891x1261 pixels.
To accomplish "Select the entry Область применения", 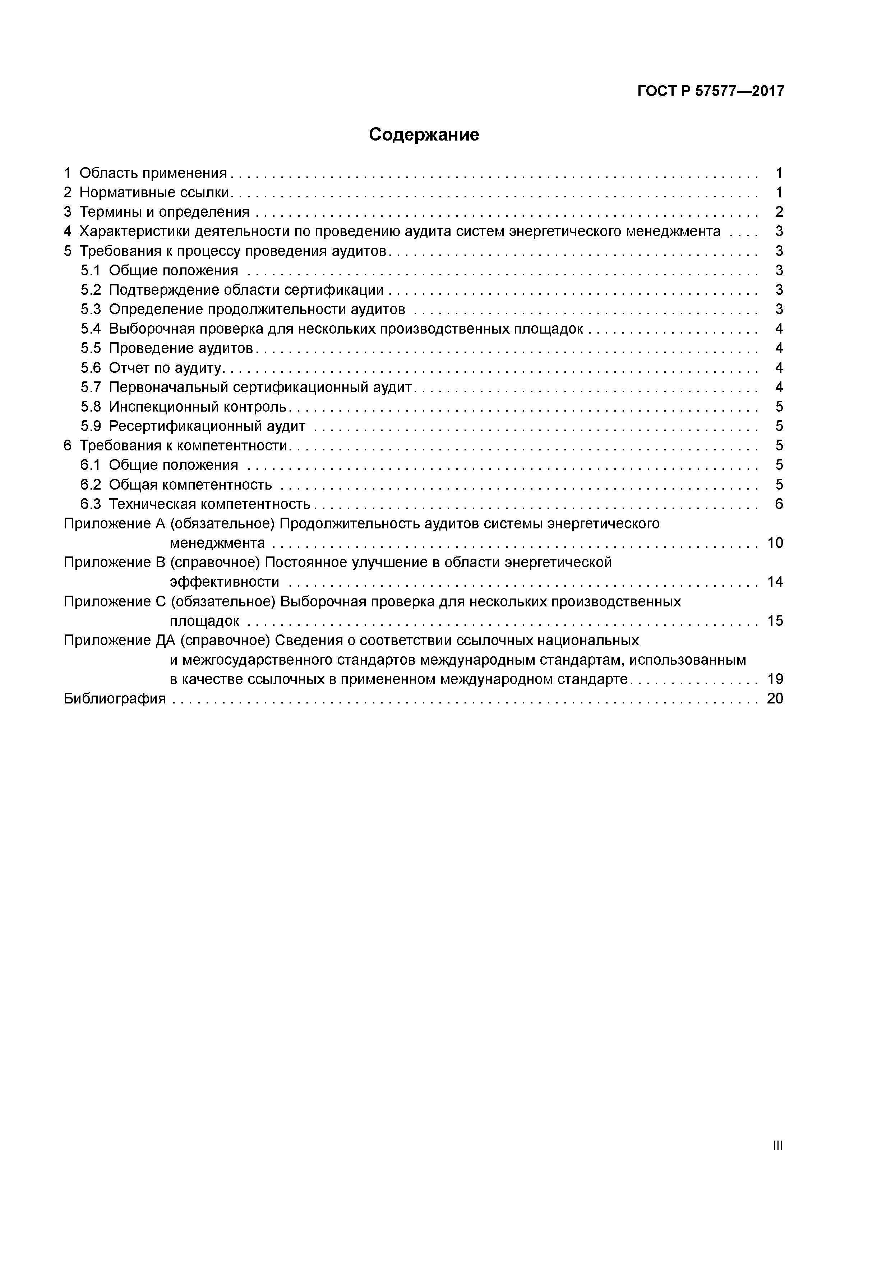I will pyautogui.click(x=153, y=173).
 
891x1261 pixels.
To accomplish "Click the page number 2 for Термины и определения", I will pyautogui.click(x=779, y=212).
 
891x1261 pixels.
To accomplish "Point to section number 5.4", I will pyautogui.click(x=91, y=329).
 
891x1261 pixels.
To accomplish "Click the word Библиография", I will pyautogui.click(x=114, y=698).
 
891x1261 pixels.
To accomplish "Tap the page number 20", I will pyautogui.click(x=775, y=698).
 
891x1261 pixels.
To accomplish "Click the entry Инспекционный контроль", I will pyautogui.click(x=198, y=407).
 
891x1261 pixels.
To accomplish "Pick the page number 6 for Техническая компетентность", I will pyautogui.click(x=779, y=504).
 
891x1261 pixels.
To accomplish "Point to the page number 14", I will pyautogui.click(x=775, y=582).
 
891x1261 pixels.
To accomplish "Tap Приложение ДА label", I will pyautogui.click(x=119, y=641).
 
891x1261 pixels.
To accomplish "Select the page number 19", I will pyautogui.click(x=775, y=679).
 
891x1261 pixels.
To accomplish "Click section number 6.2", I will pyautogui.click(x=91, y=485).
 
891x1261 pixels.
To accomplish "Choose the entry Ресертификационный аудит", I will pyautogui.click(x=207, y=426).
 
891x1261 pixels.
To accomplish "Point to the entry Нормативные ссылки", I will pyautogui.click(x=155, y=192).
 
